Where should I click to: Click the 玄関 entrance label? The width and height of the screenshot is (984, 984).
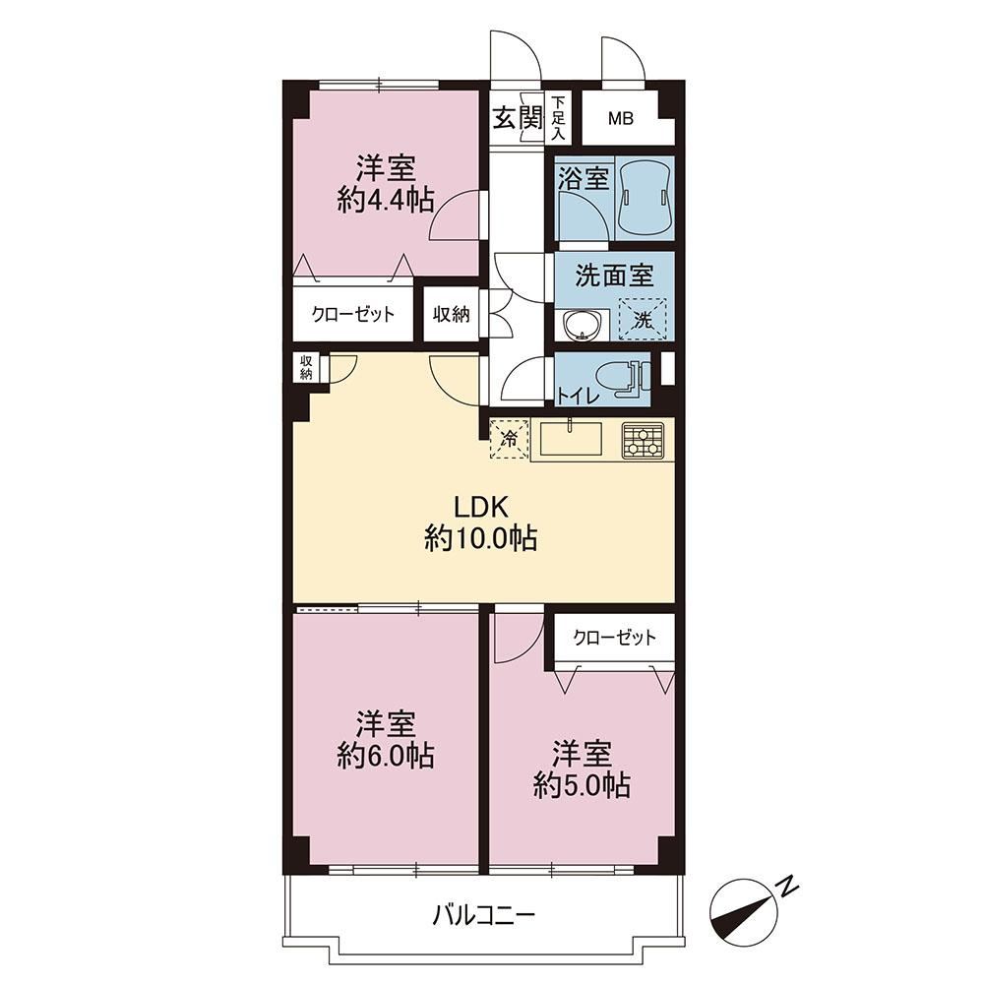point(517,117)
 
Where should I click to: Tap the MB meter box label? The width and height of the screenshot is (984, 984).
point(620,118)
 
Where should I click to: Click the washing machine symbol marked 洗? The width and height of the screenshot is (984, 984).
point(643,319)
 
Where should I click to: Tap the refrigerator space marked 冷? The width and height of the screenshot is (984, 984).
point(510,439)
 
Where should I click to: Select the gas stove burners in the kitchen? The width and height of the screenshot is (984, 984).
point(643,440)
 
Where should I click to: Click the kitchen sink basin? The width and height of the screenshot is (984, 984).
point(571,439)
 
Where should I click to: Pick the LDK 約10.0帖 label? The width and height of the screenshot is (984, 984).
point(481,523)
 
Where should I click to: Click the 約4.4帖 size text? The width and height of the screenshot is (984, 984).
point(386,201)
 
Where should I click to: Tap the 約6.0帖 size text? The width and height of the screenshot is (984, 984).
point(386,756)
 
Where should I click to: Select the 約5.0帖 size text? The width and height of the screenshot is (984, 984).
point(582,785)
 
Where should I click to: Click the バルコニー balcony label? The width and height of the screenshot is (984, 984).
point(484,915)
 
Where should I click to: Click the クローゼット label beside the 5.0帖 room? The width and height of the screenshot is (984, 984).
point(614,639)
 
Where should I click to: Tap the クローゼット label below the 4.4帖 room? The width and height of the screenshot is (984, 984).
point(352,314)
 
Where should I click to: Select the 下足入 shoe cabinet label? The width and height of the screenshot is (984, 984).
point(559,117)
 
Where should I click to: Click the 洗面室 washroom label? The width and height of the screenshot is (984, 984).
point(614,277)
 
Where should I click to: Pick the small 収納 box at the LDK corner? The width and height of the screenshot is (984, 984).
point(306,368)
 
